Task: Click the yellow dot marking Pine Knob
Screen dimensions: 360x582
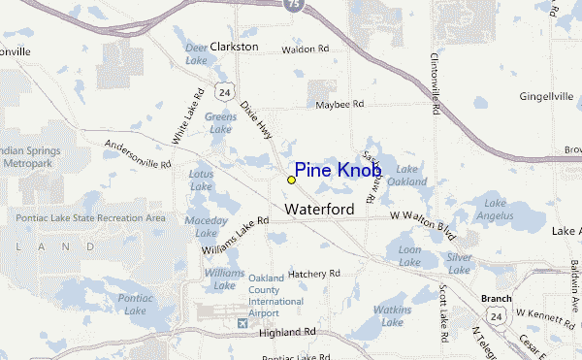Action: point(291,180)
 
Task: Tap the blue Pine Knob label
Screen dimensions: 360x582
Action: point(339,171)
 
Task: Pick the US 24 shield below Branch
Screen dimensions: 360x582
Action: point(496,316)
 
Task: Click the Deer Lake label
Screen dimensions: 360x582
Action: point(196,52)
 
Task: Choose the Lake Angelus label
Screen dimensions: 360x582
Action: point(495,209)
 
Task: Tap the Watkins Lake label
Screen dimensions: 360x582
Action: point(394,314)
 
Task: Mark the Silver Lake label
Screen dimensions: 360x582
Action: point(459,262)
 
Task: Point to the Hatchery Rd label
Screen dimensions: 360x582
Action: point(313,274)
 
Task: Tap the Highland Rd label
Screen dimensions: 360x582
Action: point(289,332)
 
